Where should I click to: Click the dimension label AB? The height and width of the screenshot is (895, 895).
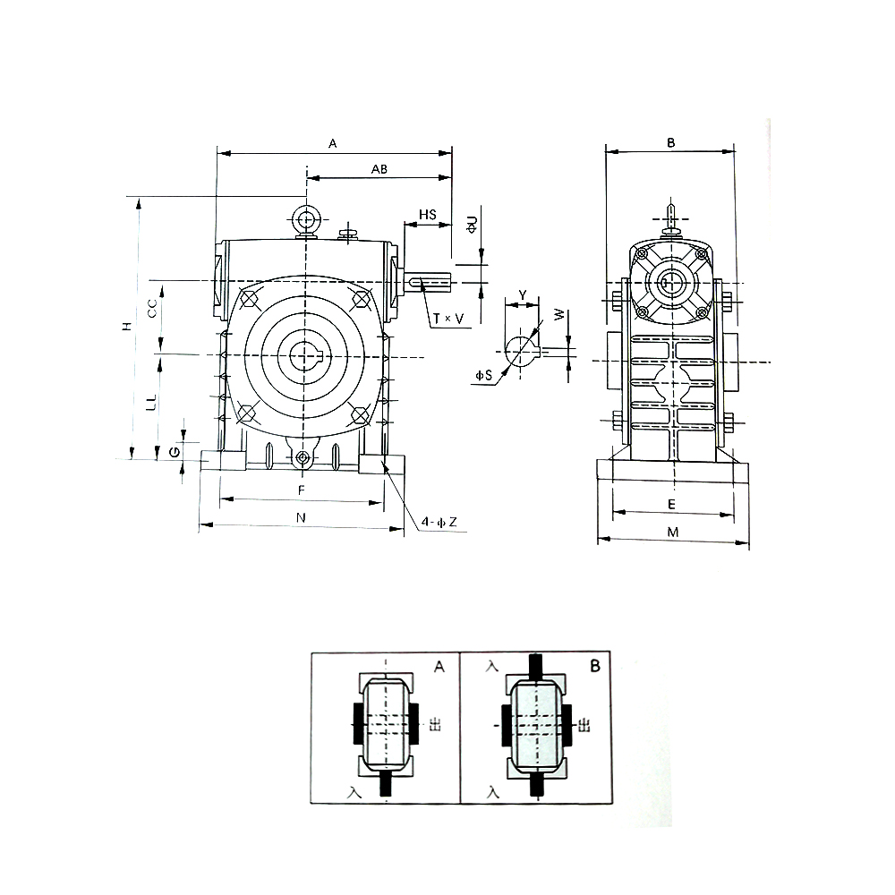[x=379, y=169]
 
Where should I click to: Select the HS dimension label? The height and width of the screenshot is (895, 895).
[x=428, y=215]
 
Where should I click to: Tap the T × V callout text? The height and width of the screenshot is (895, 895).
[x=448, y=319]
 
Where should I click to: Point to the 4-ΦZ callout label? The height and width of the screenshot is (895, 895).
[x=439, y=522]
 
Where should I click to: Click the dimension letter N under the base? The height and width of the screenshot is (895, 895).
[x=301, y=517]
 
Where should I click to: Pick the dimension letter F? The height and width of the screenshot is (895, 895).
[x=302, y=490]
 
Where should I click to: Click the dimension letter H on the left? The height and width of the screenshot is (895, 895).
[x=127, y=326]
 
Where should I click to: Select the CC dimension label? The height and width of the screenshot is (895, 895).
[x=152, y=309]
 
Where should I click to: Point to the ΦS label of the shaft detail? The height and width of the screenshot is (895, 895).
[x=483, y=376]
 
